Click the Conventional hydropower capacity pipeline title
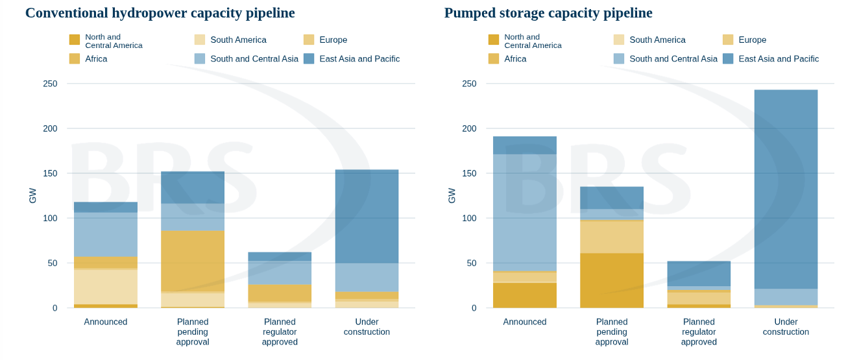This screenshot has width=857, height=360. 160,13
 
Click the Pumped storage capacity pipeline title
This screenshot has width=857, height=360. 548,13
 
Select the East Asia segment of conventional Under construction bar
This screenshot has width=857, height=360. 367,216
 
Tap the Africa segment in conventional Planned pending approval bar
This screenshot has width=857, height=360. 193,261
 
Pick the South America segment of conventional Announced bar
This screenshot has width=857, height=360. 106,287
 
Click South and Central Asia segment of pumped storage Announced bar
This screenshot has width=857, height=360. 525,213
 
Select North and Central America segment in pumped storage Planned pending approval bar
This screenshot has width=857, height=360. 612,280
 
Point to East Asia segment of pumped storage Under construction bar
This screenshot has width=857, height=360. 786,189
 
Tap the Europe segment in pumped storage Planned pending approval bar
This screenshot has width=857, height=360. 612,237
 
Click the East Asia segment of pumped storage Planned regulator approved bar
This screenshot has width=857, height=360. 699,274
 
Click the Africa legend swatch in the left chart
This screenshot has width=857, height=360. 75,58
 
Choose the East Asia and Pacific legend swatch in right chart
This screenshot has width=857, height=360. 728,58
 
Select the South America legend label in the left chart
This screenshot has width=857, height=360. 238,40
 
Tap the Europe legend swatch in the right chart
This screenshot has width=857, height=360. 728,40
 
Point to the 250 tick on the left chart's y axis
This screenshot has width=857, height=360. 50,84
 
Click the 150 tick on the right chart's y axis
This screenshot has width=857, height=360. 470,173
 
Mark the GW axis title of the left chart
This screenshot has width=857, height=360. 33,195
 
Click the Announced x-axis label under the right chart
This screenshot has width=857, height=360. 525,322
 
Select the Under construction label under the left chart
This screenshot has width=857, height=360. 367,327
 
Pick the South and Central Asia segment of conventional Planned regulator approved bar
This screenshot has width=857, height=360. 280,273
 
